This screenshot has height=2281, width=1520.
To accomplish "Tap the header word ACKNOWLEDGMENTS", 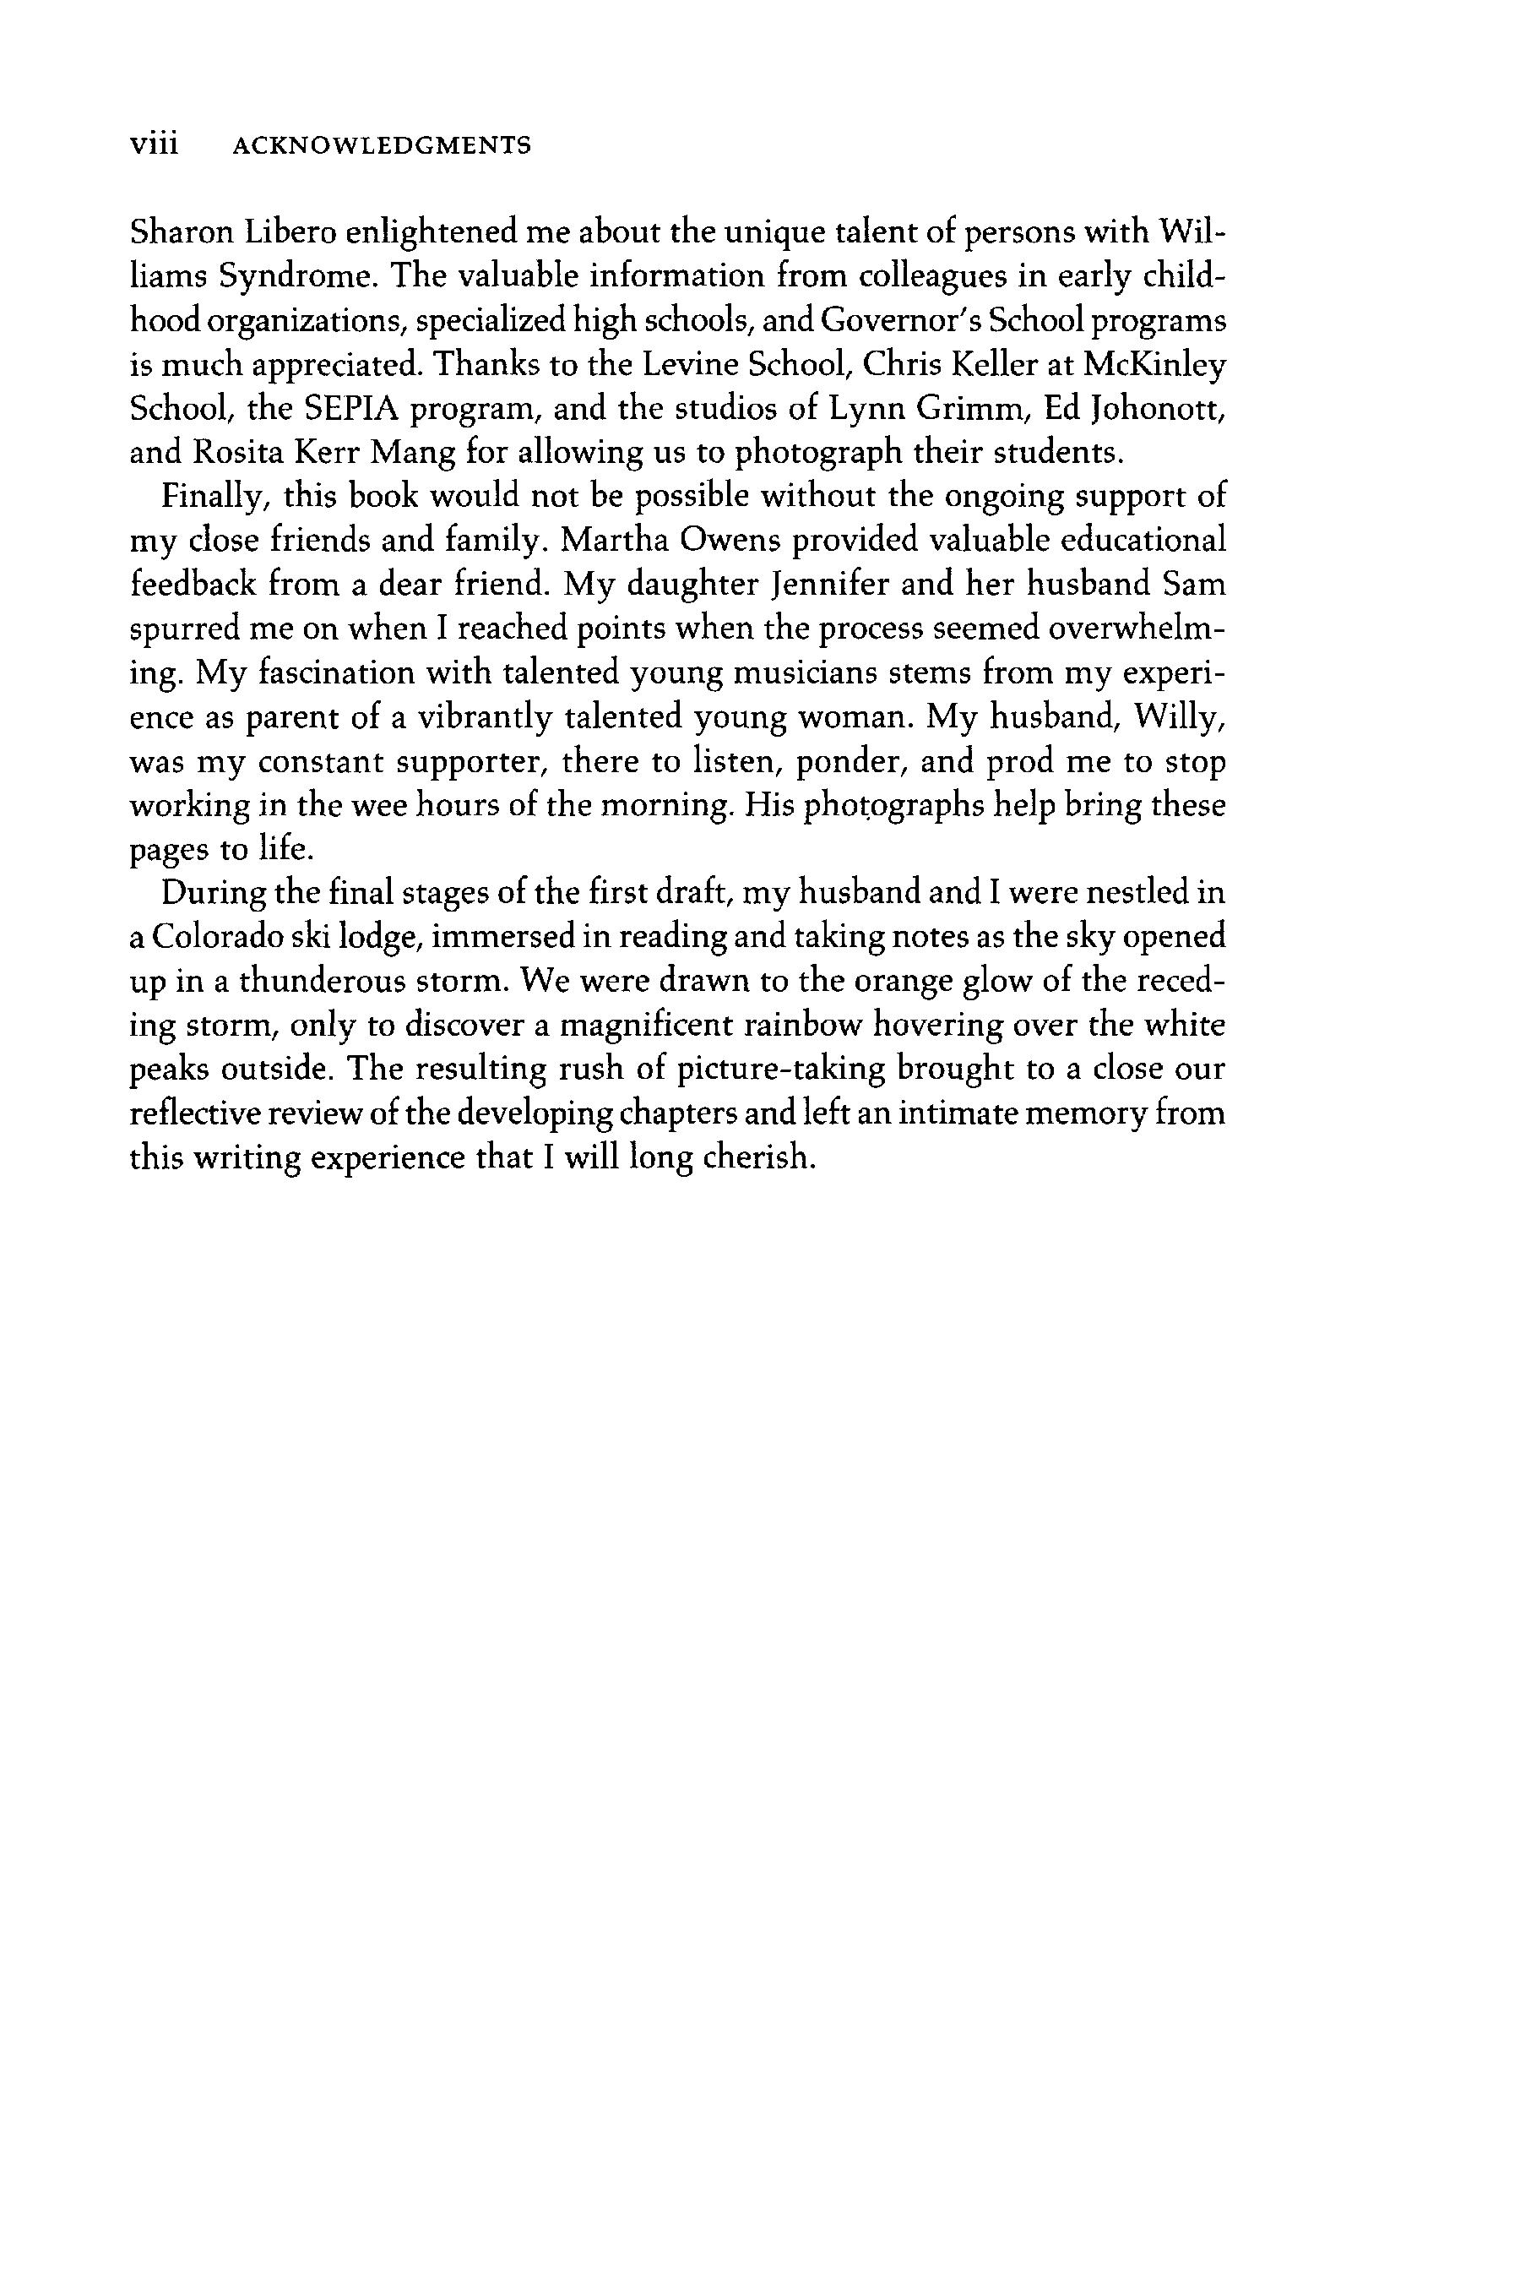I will [382, 146].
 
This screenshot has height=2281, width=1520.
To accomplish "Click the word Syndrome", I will [296, 278].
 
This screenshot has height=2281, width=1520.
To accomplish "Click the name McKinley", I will [1154, 366].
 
